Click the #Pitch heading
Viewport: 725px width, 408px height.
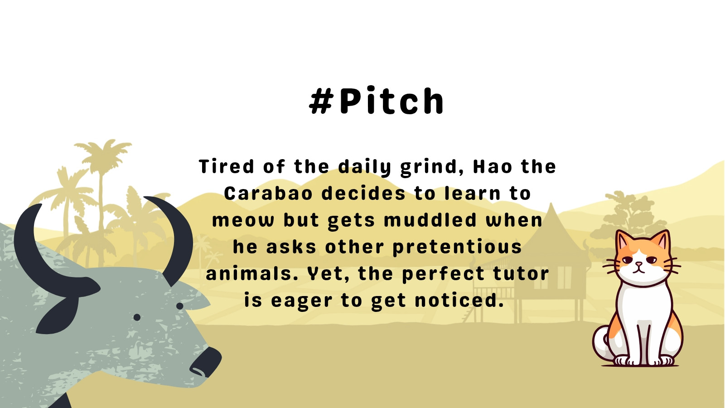point(377,100)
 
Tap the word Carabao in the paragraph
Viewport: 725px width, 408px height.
point(268,193)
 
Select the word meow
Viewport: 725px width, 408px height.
point(243,220)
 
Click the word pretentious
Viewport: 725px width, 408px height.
point(457,248)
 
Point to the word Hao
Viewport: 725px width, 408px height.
point(492,166)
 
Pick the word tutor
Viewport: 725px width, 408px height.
point(521,274)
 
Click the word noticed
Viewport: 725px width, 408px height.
point(459,300)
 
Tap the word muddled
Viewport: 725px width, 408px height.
point(430,220)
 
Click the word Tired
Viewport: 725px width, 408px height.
point(226,166)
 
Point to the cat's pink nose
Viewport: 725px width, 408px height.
point(638,264)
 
